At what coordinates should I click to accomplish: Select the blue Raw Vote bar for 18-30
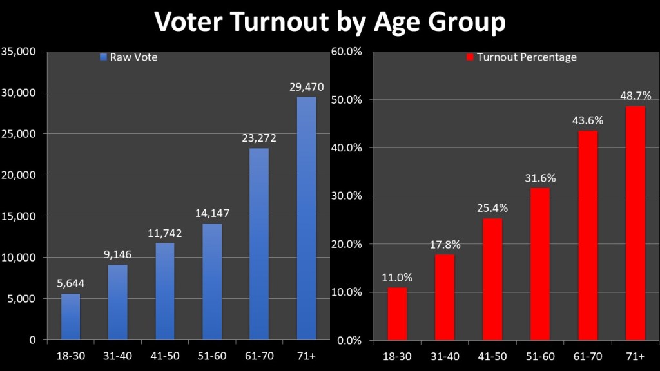coord(71,316)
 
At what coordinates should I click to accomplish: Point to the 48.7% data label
coord(636,96)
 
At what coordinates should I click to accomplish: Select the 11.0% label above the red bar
coord(397,278)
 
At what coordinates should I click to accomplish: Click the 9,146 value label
coord(118,254)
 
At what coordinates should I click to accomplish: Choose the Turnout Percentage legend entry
coord(521,57)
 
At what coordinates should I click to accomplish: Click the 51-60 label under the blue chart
coord(212,356)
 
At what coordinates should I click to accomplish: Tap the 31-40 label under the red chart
coord(445,356)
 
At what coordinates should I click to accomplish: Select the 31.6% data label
coord(540,178)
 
